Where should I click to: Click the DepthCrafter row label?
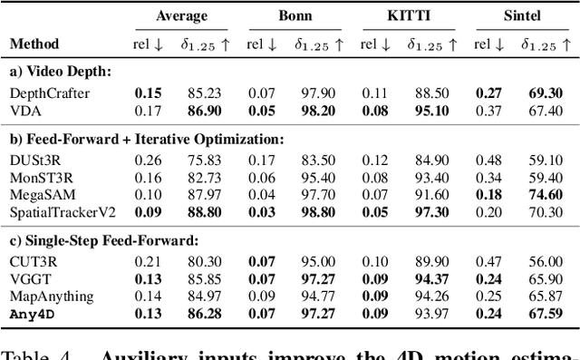coord(43,92)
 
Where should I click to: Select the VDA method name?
coord(24,109)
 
